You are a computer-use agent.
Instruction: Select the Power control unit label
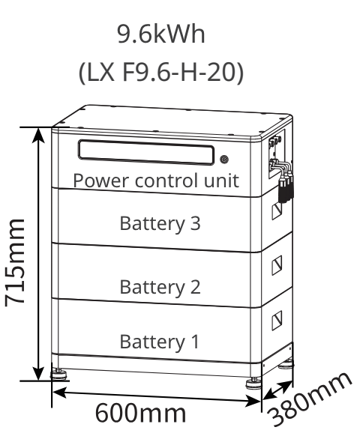point(156,181)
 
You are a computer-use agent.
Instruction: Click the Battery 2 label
point(160,286)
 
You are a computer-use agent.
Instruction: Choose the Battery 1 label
point(160,342)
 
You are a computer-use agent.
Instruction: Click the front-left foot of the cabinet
point(58,373)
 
